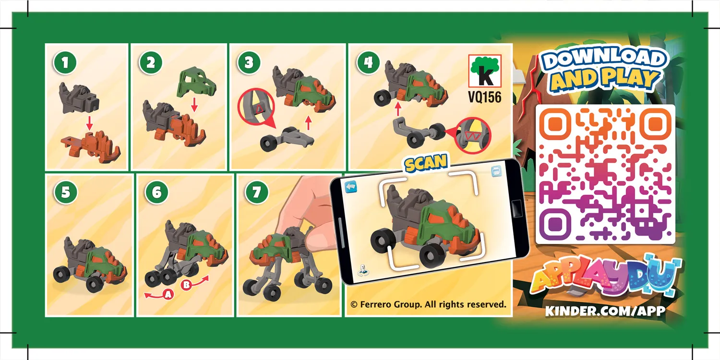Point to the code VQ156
point(484,97)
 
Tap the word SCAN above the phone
point(425,163)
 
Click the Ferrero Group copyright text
point(428,304)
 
